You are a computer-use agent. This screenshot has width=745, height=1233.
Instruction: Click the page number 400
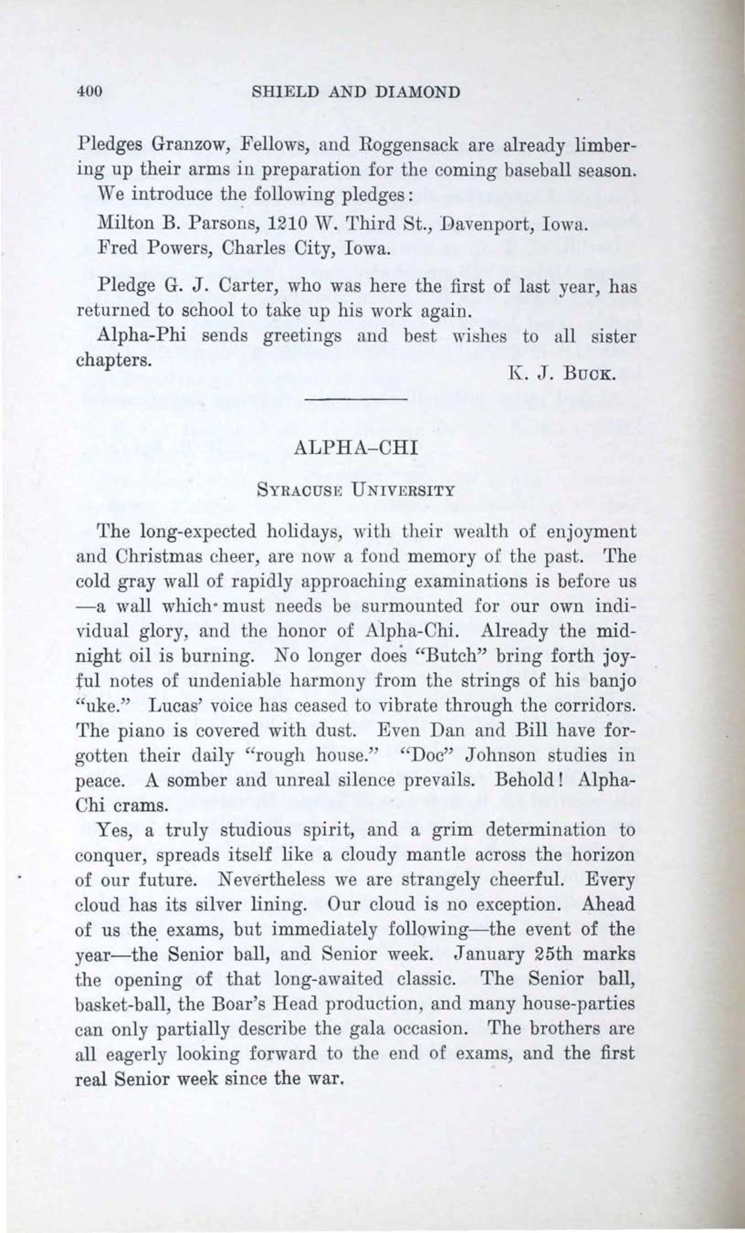[x=90, y=92]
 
